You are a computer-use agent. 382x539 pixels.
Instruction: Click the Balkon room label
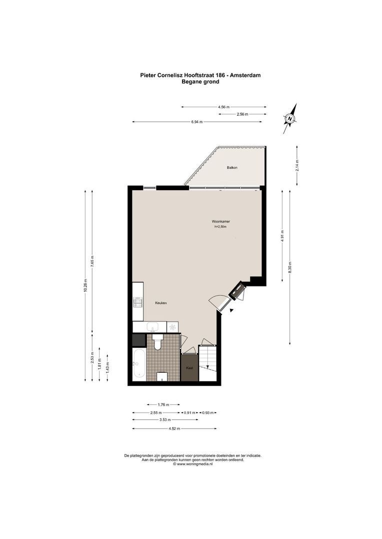click(231, 168)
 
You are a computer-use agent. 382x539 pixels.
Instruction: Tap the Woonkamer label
click(220, 221)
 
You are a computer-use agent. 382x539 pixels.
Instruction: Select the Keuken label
click(160, 303)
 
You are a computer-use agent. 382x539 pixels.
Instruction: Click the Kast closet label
click(189, 368)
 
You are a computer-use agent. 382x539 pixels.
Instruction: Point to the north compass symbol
click(290, 119)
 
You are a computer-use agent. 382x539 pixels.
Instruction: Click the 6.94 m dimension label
click(196, 122)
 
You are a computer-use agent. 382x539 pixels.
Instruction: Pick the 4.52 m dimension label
click(174, 429)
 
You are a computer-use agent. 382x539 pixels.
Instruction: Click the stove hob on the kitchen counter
click(137, 302)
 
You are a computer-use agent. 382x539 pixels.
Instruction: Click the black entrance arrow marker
click(231, 310)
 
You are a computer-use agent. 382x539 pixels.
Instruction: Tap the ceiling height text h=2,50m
click(220, 227)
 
